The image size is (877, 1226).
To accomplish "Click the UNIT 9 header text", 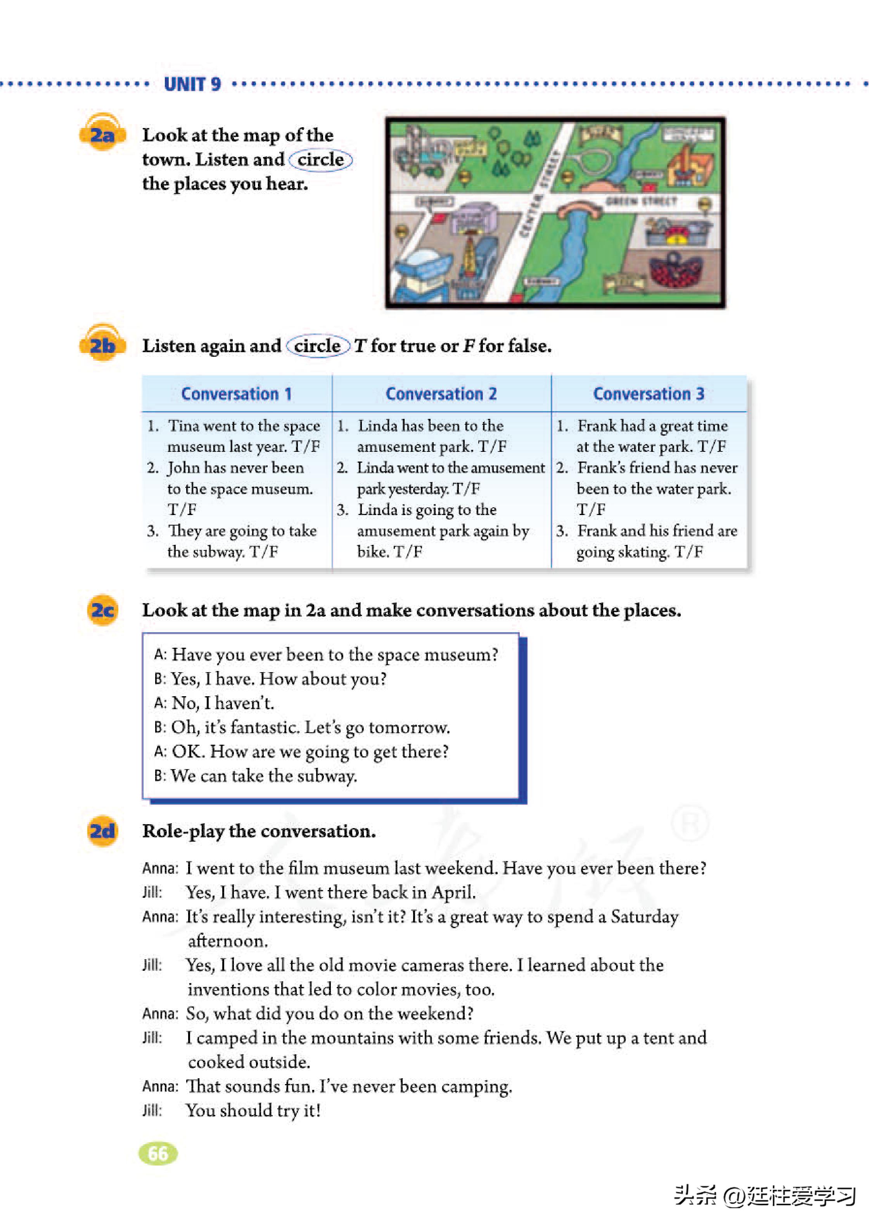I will pyautogui.click(x=192, y=84).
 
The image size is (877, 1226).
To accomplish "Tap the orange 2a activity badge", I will pyautogui.click(x=102, y=133).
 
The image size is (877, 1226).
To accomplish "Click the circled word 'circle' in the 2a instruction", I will pyautogui.click(x=320, y=160).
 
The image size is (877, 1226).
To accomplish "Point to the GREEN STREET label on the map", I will pyautogui.click(x=641, y=201).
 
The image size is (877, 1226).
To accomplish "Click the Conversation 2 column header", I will pyautogui.click(x=441, y=394).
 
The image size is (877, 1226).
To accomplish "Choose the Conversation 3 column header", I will pyautogui.click(x=649, y=394).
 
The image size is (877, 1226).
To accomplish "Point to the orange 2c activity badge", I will pyautogui.click(x=102, y=610).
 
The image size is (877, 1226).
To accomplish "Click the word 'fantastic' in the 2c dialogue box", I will pyautogui.click(x=265, y=727).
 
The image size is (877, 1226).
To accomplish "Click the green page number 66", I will pyautogui.click(x=158, y=1153).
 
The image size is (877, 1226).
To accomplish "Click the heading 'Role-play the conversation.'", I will pyautogui.click(x=259, y=831).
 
